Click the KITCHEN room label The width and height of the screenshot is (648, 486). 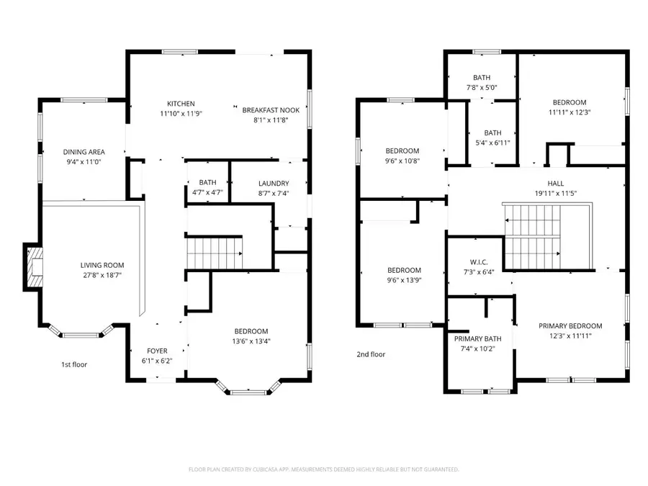[181, 104]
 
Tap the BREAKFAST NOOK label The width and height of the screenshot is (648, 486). [270, 110]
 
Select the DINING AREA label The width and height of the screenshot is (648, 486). [84, 152]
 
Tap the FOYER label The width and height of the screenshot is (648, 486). [157, 351]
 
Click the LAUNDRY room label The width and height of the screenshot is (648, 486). [274, 184]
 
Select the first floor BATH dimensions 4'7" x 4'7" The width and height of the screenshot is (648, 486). [207, 192]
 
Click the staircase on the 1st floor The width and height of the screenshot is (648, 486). [215, 253]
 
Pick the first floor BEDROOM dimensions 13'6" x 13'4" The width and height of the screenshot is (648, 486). [251, 341]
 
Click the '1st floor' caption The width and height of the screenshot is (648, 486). [73, 364]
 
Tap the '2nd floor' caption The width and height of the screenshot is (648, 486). [371, 354]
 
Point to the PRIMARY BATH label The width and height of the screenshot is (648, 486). [477, 338]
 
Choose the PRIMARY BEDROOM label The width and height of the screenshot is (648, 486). [570, 326]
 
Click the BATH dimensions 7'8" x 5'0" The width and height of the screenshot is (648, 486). [482, 88]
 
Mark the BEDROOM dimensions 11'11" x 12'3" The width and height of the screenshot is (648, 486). [570, 112]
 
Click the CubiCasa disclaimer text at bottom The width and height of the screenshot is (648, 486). [323, 469]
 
